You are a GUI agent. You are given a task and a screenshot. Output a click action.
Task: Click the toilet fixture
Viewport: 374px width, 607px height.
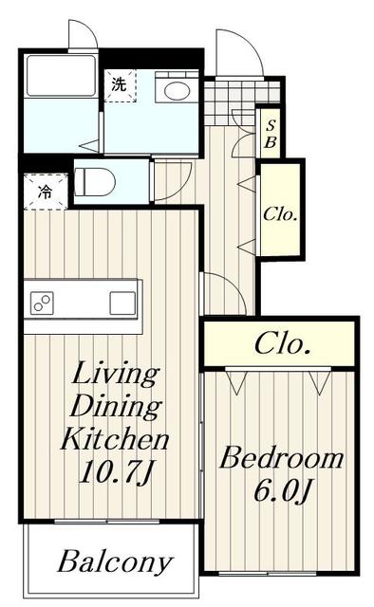click(x=95, y=181)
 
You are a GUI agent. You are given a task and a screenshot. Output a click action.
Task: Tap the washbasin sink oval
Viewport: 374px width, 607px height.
click(x=178, y=91)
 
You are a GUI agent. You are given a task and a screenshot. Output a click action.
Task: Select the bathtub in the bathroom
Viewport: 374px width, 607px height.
click(x=61, y=75)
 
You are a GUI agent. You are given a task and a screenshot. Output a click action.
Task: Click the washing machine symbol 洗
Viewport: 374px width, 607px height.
click(x=120, y=84)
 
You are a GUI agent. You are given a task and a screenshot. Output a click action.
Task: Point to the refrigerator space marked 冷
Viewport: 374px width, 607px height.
click(x=46, y=192)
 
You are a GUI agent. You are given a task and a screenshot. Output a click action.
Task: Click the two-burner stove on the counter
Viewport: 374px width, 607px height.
click(x=42, y=303)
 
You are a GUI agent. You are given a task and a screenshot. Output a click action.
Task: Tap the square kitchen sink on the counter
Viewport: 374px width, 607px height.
click(x=122, y=303)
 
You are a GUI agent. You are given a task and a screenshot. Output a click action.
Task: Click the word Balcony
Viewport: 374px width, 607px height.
click(x=115, y=562)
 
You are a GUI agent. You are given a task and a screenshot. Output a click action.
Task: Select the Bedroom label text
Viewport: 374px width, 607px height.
click(x=281, y=458)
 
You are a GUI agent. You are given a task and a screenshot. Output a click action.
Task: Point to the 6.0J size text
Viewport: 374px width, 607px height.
click(x=282, y=490)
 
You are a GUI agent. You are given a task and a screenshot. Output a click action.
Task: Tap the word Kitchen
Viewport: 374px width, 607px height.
click(x=115, y=439)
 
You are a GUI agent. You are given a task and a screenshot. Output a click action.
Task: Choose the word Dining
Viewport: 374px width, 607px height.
click(x=115, y=407)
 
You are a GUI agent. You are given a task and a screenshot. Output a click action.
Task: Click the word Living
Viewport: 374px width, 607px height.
click(x=115, y=374)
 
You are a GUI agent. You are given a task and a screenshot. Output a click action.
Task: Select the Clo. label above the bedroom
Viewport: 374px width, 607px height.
click(x=283, y=344)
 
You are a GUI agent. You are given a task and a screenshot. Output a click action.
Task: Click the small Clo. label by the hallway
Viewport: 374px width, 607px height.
click(x=280, y=214)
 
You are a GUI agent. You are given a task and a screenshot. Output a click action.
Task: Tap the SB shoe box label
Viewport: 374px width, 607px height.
click(x=271, y=134)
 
